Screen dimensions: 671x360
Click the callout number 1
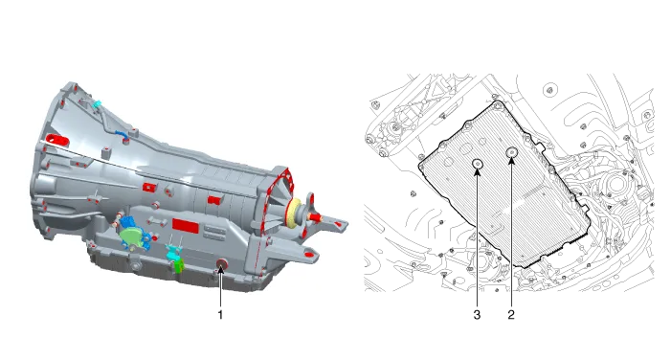point(220,315)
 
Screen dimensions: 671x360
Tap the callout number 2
point(511,315)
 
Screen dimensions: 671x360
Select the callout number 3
point(477,315)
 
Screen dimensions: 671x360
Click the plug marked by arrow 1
point(222,264)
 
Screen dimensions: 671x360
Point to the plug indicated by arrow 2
point(511,152)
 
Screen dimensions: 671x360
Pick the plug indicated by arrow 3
point(478,164)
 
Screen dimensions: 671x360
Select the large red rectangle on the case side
point(186,226)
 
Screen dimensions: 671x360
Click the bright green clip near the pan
point(179,265)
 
